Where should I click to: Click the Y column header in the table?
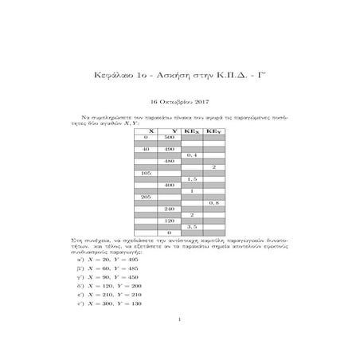click(x=174, y=130)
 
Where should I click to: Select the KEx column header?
click(x=192, y=130)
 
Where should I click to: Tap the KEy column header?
click(x=214, y=130)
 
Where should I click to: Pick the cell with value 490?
click(x=170, y=149)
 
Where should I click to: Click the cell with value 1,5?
click(x=192, y=178)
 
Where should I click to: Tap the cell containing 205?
click(x=147, y=196)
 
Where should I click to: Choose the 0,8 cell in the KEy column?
click(x=214, y=202)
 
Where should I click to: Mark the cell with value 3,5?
click(x=192, y=226)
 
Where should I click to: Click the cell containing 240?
click(x=170, y=208)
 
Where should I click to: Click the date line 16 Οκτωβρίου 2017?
click(x=180, y=101)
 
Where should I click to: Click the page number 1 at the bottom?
click(x=180, y=320)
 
